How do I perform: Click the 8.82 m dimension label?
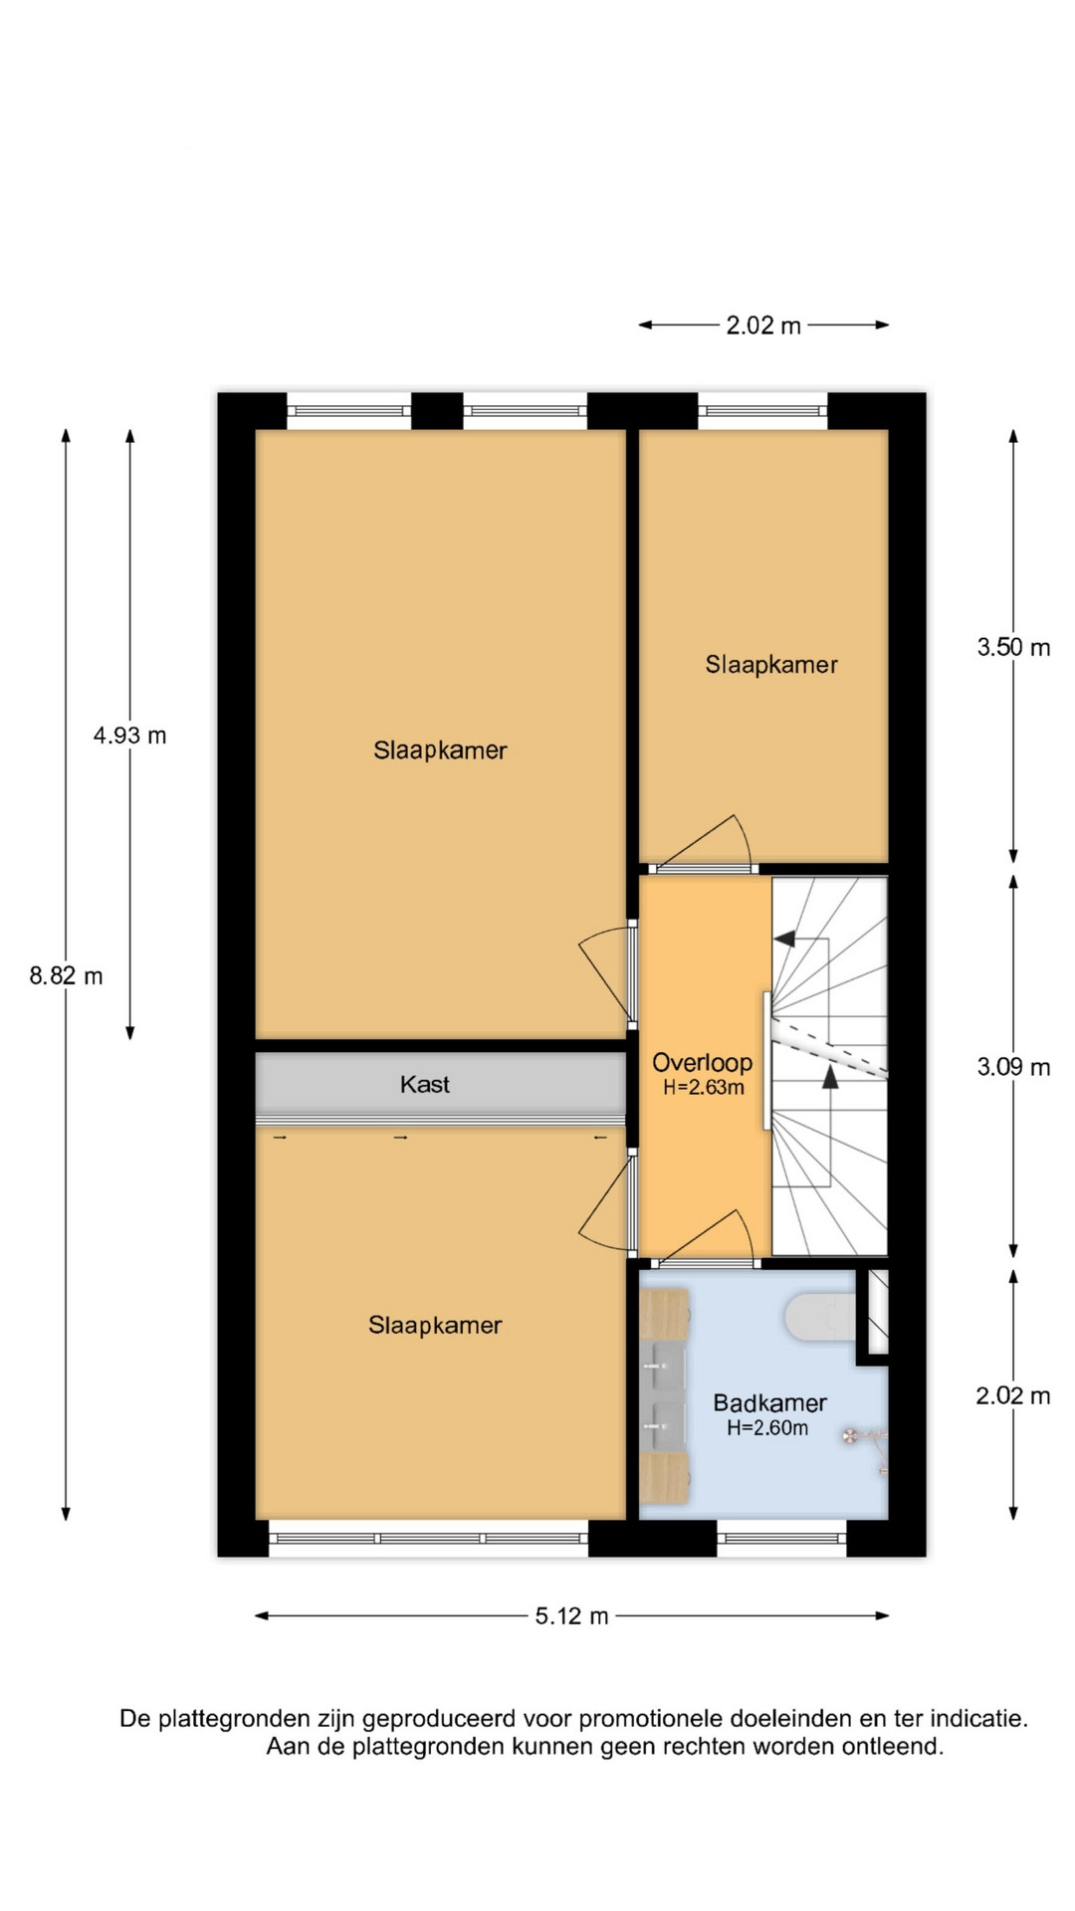pos(66,976)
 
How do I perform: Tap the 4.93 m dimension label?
pos(129,736)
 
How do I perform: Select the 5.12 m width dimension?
pos(571,1615)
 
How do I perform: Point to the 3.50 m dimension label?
pos(1013,648)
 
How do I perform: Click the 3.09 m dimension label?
pos(1013,1068)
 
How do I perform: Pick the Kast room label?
pos(425,1084)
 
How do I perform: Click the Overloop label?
pos(702,1063)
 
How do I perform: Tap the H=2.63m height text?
pos(704,1088)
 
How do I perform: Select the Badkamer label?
pos(770,1403)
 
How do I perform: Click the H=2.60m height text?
pos(767,1428)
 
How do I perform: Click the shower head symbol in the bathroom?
pos(852,1435)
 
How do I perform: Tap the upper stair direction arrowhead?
pos(784,938)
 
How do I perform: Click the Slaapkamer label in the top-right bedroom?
pos(771,665)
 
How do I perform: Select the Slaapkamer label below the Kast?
pos(435,1325)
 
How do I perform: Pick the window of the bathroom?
pos(781,1538)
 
